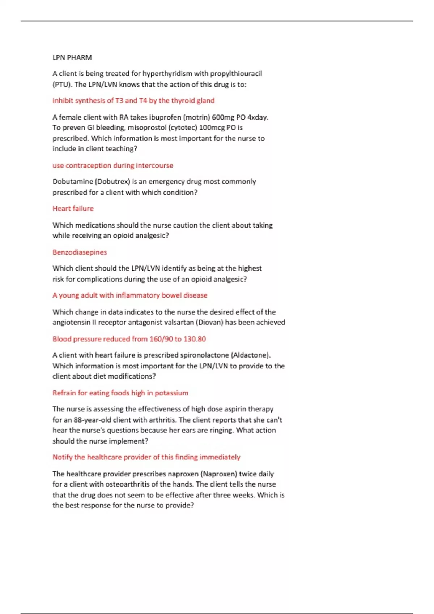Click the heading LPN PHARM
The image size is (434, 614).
tap(72, 57)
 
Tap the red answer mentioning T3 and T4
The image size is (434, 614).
tap(133, 101)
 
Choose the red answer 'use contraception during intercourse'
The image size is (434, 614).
tap(112, 165)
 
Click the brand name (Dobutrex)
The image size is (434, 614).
tap(112, 182)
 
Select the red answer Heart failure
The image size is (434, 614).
tap(73, 208)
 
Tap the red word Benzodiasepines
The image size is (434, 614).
tap(80, 252)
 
